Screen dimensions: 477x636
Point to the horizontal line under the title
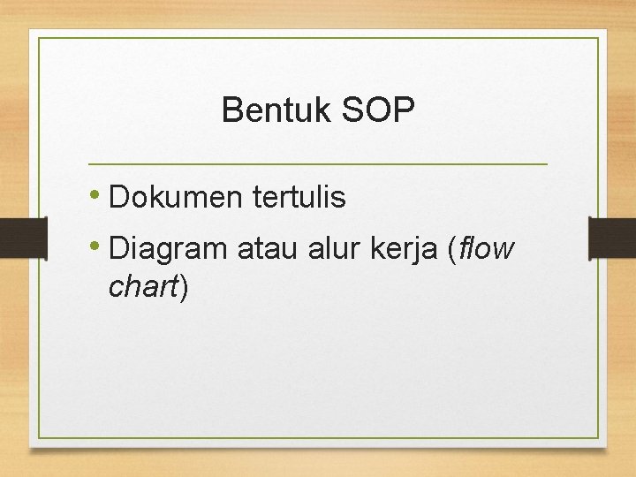(x=318, y=164)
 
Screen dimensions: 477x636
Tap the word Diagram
(x=168, y=250)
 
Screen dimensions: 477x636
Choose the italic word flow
(x=486, y=250)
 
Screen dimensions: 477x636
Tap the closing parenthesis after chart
(x=183, y=287)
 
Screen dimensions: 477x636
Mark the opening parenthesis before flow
(x=453, y=251)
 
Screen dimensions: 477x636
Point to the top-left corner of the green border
(x=37, y=38)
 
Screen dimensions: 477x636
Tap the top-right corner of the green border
(x=598, y=38)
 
